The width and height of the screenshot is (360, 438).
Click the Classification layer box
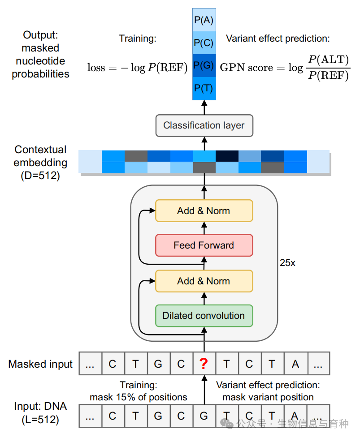pos(204,125)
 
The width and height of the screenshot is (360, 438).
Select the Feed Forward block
pos(204,245)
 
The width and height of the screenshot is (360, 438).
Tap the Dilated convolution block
pos(204,316)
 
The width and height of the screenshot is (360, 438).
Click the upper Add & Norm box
pos(204,210)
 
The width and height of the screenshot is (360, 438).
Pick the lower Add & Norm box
pos(204,281)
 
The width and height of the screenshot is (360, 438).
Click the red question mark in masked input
pos(204,364)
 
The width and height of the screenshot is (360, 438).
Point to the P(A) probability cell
pos(204,20)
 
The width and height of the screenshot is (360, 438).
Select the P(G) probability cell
pos(204,65)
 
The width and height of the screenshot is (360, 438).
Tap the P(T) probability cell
pos(204,88)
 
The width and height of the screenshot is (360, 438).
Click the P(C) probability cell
pos(204,43)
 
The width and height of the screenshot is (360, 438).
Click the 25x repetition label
pos(287,263)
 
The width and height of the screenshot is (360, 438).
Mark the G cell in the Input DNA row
pos(204,416)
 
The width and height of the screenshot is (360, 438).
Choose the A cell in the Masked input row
pos(295,364)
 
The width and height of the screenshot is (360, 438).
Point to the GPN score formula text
pos(284,68)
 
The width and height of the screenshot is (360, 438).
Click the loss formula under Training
pos(137,68)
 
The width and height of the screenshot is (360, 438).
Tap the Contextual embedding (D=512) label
pos(40,162)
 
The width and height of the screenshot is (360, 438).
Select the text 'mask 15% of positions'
pos(138,397)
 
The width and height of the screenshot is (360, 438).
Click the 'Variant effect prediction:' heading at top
pos(278,39)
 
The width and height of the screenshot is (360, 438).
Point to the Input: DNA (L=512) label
pos(40,413)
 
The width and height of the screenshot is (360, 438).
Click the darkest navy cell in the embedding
pos(227,156)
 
